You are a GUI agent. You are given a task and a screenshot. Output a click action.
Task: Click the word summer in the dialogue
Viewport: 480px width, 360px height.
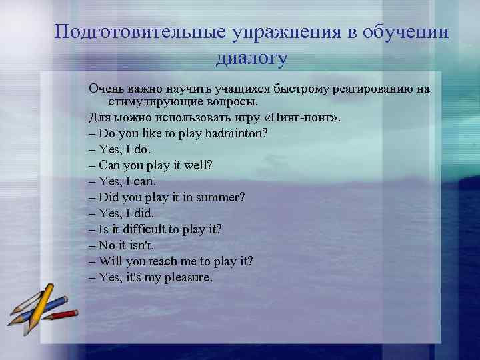tap(223, 197)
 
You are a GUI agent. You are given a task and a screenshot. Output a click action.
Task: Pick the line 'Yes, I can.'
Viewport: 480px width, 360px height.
tap(121, 181)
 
